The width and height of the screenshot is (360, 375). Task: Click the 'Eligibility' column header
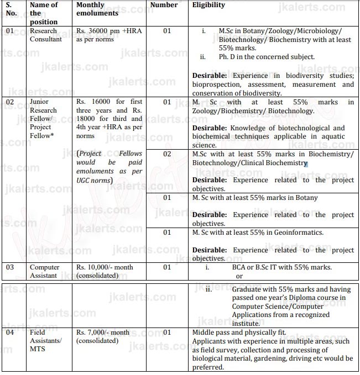208,5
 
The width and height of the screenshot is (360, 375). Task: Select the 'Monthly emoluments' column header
97,9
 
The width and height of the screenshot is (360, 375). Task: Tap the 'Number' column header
164,5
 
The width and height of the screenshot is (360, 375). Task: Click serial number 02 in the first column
11,102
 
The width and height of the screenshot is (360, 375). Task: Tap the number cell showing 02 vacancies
167,154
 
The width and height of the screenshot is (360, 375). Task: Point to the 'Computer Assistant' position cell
45,271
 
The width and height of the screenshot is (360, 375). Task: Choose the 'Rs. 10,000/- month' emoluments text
105,267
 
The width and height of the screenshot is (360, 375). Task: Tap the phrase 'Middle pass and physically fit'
238,332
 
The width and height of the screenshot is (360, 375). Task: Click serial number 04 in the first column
11,332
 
